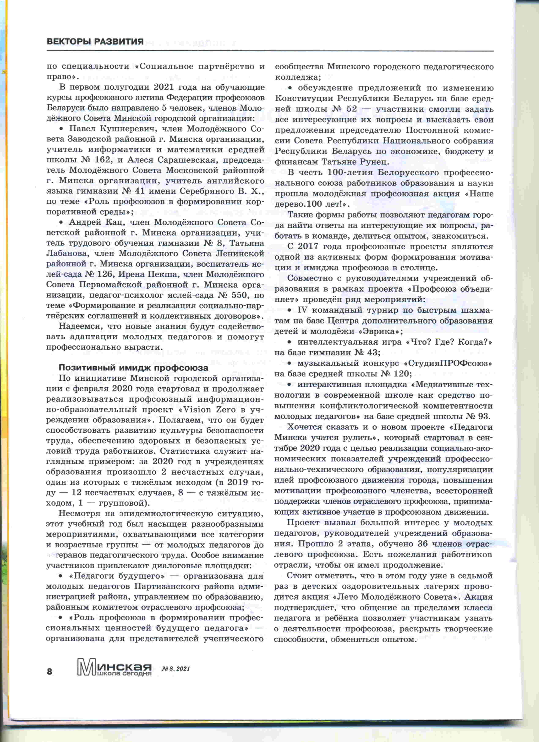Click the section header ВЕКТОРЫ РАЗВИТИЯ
(x=95, y=41)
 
